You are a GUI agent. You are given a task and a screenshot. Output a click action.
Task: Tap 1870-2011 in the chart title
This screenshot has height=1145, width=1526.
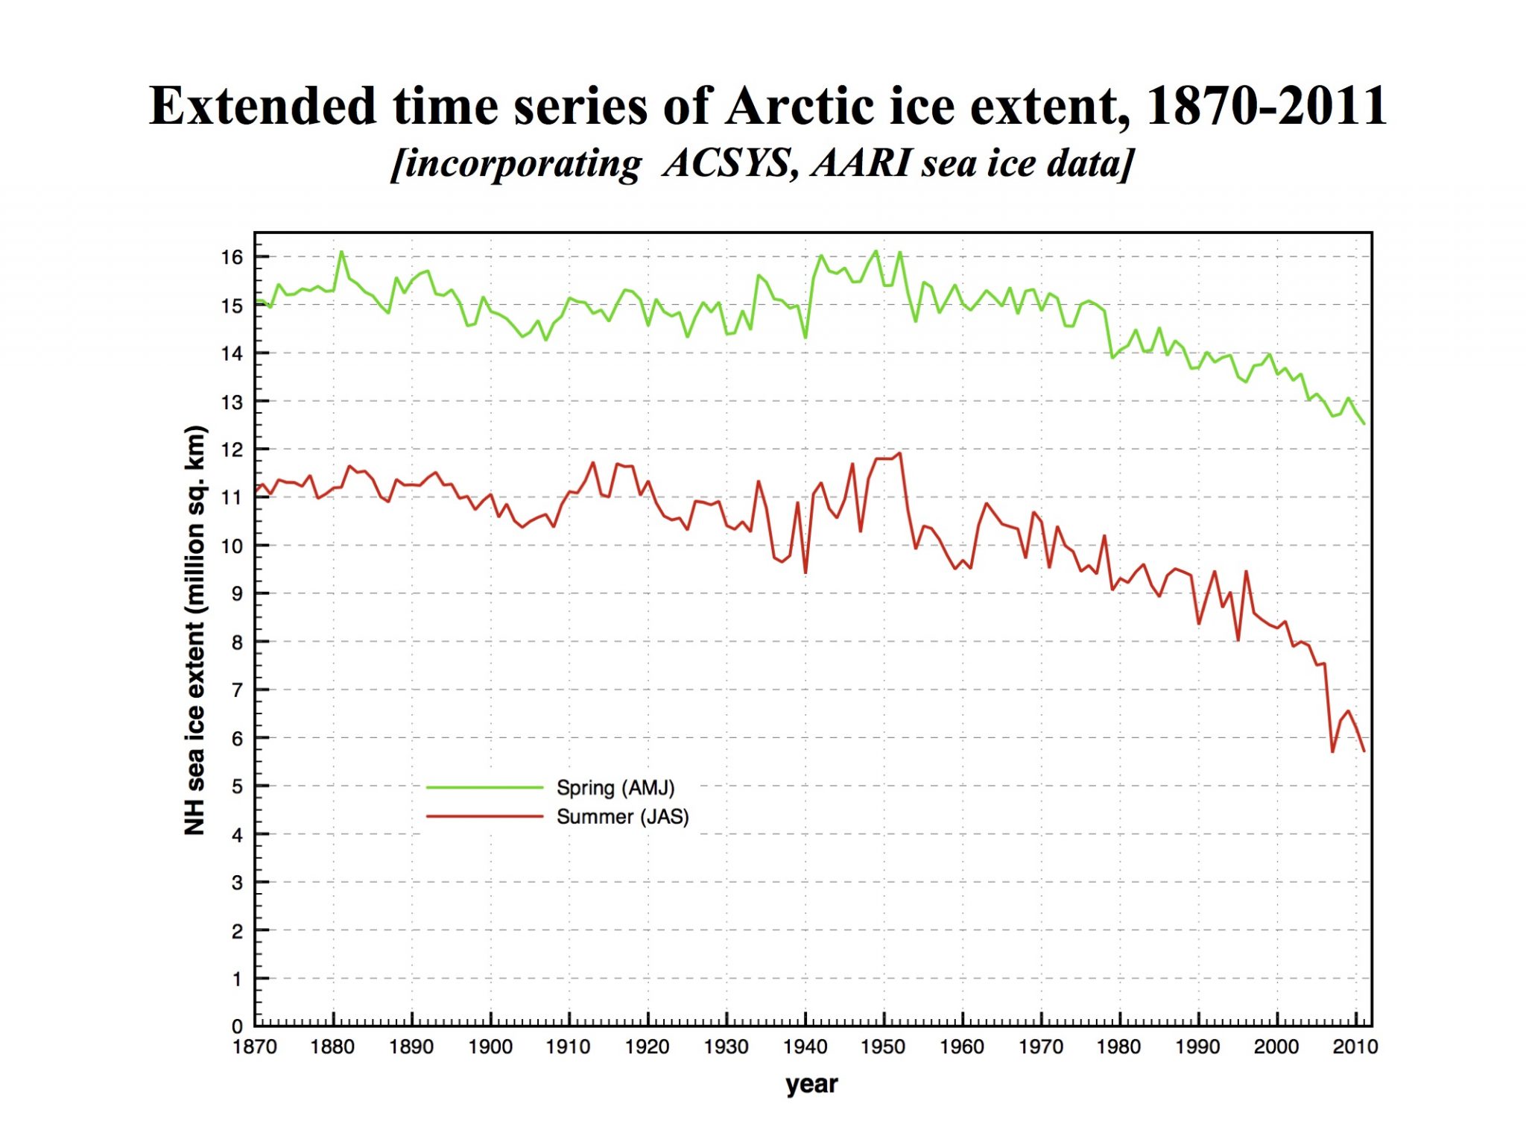(1266, 106)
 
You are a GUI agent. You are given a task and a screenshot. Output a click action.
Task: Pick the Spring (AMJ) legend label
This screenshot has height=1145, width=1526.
(615, 787)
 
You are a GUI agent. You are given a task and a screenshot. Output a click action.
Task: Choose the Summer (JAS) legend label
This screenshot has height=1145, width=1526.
(622, 816)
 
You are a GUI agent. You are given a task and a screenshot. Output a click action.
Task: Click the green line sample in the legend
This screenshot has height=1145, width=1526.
(484, 787)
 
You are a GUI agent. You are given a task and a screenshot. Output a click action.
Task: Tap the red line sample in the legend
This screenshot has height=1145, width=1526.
(484, 816)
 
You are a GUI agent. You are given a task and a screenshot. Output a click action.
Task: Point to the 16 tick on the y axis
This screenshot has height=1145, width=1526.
(232, 257)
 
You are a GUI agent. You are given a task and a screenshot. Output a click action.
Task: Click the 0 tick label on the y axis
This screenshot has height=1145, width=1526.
(237, 1027)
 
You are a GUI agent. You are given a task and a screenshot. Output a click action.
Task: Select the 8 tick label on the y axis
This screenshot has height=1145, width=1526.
(237, 642)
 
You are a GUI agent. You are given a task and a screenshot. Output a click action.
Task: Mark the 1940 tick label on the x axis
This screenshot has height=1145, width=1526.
(805, 1047)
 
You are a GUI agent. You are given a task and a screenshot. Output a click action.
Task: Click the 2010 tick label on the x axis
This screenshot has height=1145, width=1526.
(1355, 1047)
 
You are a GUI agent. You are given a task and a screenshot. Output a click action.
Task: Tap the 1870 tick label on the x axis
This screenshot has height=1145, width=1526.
(255, 1047)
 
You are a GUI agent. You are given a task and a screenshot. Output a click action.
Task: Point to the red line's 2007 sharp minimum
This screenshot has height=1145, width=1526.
(1332, 751)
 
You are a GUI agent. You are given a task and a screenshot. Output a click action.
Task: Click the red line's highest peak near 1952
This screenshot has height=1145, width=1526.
(900, 453)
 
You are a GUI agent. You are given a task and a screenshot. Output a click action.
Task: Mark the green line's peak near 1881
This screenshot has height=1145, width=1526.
(341, 252)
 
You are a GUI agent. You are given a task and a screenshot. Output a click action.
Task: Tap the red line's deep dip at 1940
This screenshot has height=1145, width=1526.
(805, 572)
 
